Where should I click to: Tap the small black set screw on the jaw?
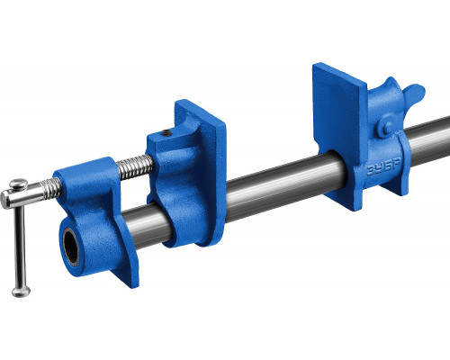166,133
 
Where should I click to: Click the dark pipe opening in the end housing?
71,247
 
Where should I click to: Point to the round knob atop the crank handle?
18,183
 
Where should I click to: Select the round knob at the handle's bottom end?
21,291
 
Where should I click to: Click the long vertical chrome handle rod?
20,246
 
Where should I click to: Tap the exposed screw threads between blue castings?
135,166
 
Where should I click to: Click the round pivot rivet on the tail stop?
387,128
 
